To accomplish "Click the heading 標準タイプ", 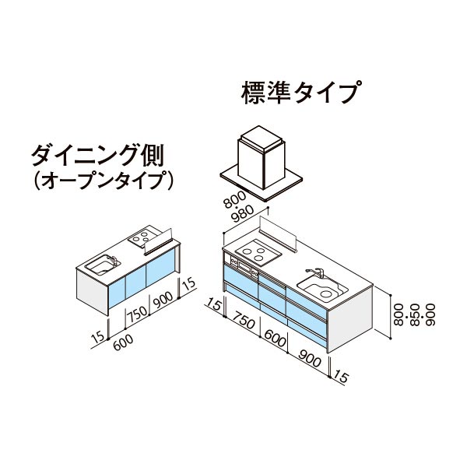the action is click(301, 92).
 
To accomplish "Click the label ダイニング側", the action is click(98, 155).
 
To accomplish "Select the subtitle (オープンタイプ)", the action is click(103, 181).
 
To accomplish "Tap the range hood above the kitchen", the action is click(262, 163).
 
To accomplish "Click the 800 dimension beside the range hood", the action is click(235, 200).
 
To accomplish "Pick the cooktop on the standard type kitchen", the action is click(258, 255).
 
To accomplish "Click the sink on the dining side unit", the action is click(103, 265).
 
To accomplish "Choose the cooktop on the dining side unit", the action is click(142, 237).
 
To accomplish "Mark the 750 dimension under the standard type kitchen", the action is click(244, 320).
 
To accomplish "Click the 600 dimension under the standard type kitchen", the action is click(275, 338).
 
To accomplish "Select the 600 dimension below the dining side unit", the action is click(123, 342).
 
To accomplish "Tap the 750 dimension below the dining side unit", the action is click(137, 314).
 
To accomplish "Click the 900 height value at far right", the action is click(430, 314).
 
